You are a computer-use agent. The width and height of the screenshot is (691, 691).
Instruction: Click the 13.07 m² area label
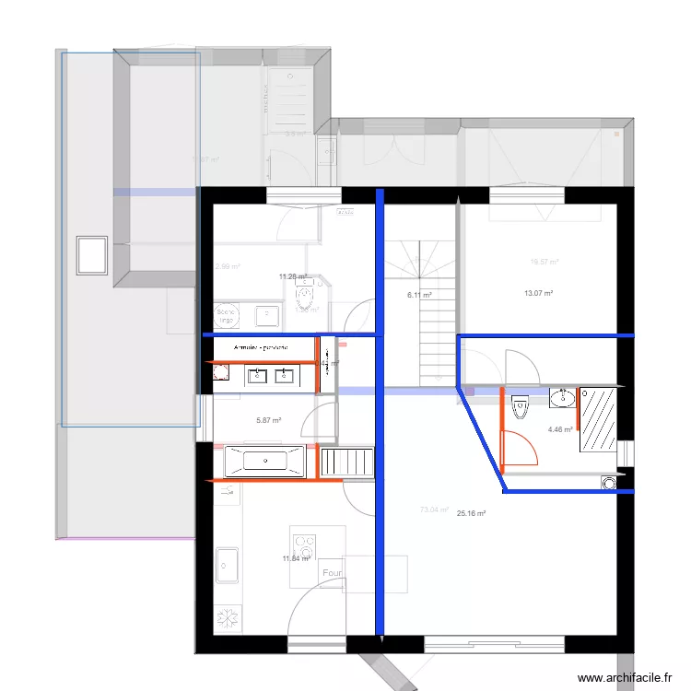[x=538, y=294]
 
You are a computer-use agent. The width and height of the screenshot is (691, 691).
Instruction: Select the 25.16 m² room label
[x=471, y=514]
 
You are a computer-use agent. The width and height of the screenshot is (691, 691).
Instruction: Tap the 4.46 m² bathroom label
[x=560, y=429]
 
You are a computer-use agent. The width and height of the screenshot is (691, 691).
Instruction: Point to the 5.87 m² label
[x=268, y=421]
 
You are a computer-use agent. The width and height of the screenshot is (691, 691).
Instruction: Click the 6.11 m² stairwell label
[x=419, y=296]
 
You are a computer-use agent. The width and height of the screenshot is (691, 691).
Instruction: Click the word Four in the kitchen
[x=333, y=573]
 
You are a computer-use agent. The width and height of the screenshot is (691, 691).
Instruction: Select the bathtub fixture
[x=264, y=460]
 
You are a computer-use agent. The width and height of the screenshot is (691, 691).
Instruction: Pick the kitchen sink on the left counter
[x=226, y=566]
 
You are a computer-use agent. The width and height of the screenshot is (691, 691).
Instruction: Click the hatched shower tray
[x=599, y=419]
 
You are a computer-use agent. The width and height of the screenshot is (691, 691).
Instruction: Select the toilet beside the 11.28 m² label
[x=305, y=297]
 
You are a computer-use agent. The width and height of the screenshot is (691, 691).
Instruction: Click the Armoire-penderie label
[x=262, y=347]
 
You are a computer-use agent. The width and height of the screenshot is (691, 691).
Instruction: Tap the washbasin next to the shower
[x=562, y=398]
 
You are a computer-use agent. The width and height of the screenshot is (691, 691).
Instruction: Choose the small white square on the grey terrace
[x=92, y=254]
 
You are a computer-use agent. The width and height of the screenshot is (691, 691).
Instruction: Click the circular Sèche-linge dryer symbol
[x=227, y=315]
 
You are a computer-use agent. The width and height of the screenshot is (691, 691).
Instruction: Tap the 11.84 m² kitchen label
[x=296, y=558]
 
